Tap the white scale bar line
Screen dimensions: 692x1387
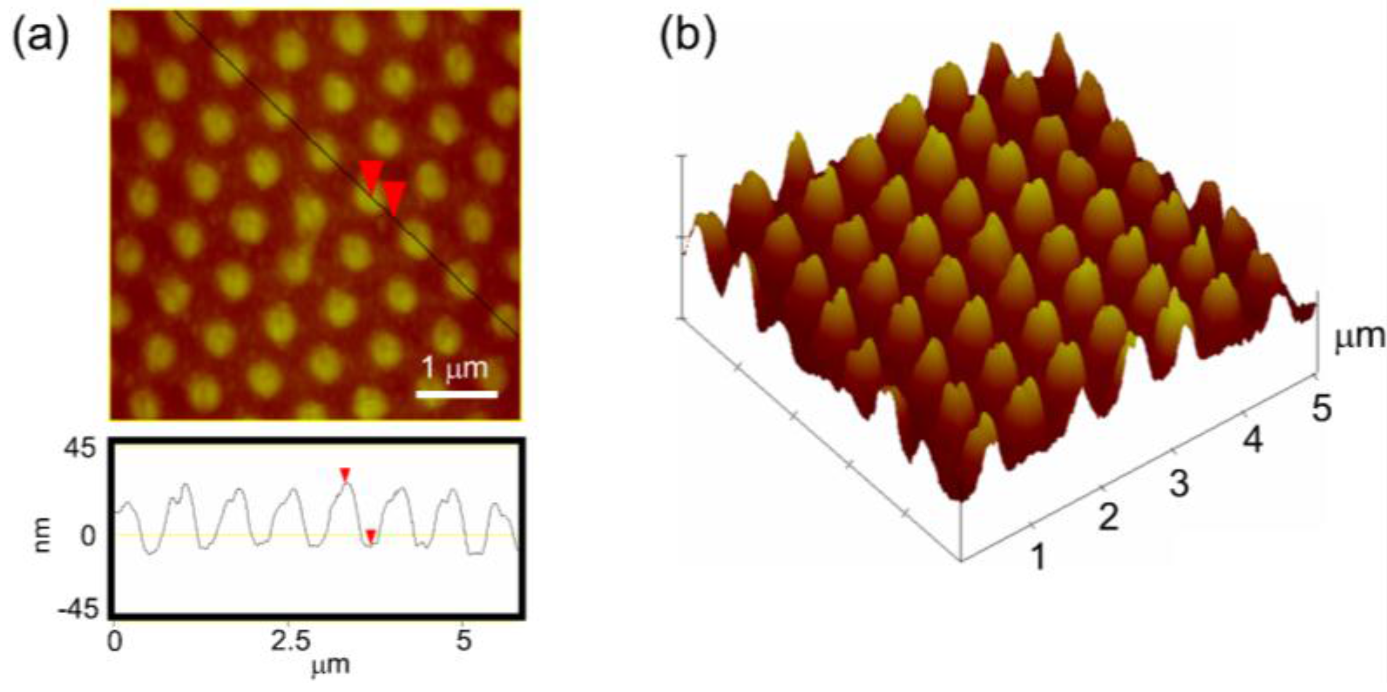457,394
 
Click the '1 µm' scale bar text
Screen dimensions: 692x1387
455,368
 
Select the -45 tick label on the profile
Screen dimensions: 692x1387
78,609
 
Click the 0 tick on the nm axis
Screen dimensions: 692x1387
88,535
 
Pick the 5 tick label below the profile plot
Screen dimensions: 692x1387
463,642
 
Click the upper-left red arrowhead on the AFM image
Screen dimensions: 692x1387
371,174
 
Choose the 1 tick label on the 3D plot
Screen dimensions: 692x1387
1038,556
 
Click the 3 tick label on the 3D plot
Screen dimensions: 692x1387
1179,483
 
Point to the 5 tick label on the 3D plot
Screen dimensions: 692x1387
1321,409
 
